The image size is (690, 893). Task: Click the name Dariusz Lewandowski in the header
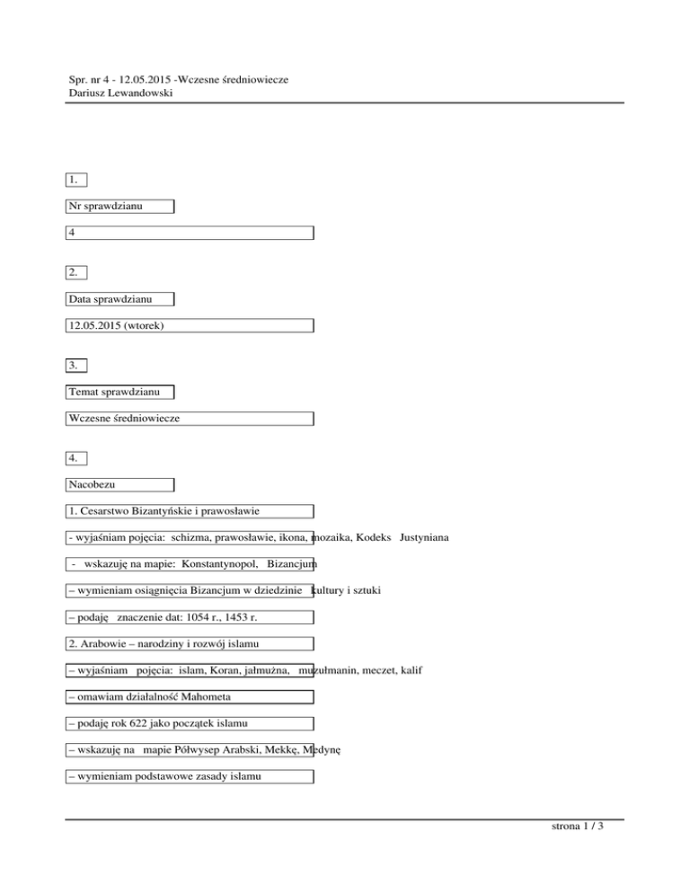[x=120, y=93]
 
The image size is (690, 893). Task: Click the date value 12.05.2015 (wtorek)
[x=116, y=325]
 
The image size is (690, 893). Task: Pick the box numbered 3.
[x=77, y=365]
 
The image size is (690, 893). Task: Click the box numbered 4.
[x=77, y=458]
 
